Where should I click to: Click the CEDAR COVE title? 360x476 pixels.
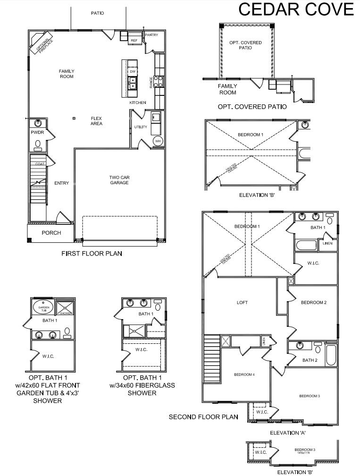point(296,9)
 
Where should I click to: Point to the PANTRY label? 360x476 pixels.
point(151,34)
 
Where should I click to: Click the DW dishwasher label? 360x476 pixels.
point(133,71)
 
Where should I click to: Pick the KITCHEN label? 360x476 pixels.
point(138,102)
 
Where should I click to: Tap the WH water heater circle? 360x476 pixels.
point(158,141)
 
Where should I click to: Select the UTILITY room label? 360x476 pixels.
point(141,127)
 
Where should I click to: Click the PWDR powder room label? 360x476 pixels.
point(37,133)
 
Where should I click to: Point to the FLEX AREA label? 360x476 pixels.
point(97,121)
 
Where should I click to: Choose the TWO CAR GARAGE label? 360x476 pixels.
point(119,180)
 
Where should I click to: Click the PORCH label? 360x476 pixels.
point(51,232)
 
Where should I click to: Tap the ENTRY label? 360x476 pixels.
point(61,183)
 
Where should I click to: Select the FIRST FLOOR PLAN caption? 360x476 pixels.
point(92,254)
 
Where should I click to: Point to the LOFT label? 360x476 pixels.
point(242,303)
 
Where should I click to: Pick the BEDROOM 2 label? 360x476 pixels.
point(314,303)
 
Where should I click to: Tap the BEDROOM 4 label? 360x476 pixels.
point(244,374)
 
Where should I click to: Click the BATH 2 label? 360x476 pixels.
point(310,360)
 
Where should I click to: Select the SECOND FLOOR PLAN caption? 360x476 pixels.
point(203,417)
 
